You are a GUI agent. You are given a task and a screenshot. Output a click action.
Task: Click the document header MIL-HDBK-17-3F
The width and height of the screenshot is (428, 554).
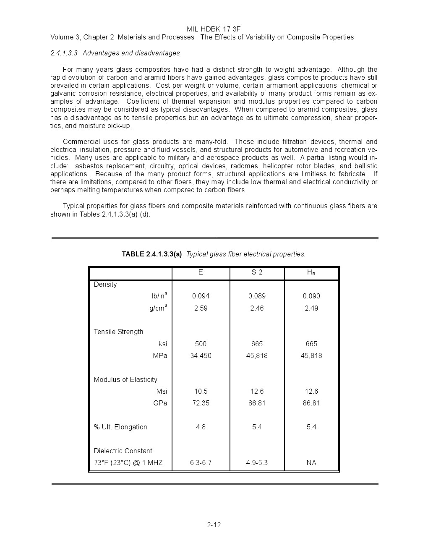point(214,29)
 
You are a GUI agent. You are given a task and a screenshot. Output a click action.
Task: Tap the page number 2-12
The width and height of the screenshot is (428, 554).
point(214,525)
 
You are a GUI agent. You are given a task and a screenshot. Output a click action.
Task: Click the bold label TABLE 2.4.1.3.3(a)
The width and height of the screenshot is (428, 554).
point(151,254)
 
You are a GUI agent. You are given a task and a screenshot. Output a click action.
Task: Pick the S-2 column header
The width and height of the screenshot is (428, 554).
point(257,272)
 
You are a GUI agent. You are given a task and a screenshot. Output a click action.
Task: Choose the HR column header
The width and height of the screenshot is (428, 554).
point(311,272)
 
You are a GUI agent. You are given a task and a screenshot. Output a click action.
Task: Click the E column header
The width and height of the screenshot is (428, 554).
point(201,272)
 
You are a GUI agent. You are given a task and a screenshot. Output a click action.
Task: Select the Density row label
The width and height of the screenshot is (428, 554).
point(105,284)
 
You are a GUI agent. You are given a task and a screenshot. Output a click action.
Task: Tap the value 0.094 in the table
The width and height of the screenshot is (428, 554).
point(201,296)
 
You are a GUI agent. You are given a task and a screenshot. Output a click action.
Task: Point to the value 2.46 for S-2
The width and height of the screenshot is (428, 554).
point(257,308)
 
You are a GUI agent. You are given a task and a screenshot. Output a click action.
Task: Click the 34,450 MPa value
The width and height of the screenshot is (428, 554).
point(201,355)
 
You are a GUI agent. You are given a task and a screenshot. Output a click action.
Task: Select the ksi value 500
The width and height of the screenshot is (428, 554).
point(201,344)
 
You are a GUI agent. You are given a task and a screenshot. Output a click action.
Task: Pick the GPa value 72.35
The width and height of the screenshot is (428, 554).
point(201,403)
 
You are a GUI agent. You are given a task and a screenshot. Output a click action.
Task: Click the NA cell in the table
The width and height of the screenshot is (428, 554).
point(311,463)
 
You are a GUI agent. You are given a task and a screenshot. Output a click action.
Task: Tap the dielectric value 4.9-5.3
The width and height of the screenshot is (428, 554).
point(257,463)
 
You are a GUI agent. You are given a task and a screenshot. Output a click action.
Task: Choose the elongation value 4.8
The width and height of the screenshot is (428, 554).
point(201,427)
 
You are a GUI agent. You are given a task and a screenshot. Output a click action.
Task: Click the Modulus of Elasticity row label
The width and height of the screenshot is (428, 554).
point(125,379)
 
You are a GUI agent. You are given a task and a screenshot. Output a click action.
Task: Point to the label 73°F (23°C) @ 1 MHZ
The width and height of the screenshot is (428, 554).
point(128,463)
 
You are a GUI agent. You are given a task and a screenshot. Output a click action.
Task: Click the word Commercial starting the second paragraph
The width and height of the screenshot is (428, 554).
point(80,142)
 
